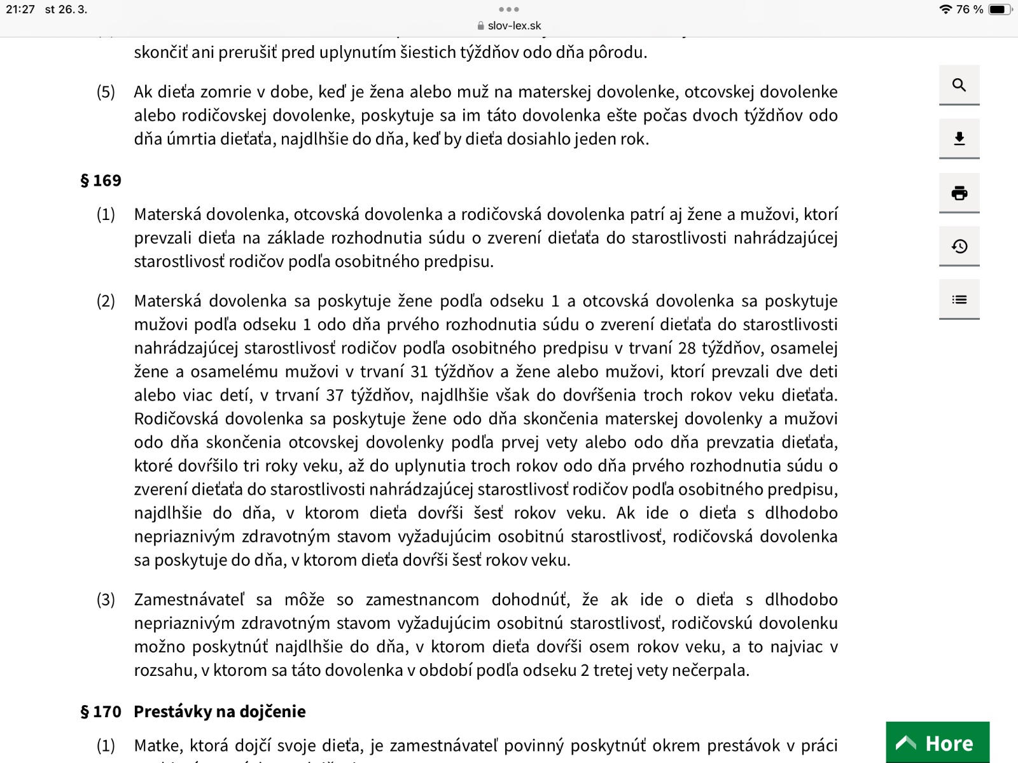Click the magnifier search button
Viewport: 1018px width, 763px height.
click(959, 85)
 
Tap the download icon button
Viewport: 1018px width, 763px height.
click(959, 139)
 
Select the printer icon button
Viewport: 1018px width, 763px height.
click(959, 193)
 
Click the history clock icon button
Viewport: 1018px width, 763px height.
click(959, 246)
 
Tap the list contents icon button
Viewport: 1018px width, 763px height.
click(959, 299)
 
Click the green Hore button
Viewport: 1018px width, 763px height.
click(937, 743)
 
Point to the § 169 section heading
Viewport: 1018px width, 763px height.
click(101, 181)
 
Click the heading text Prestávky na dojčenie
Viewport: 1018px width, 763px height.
click(220, 711)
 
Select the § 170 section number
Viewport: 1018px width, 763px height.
click(101, 711)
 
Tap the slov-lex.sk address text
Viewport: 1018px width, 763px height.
click(514, 26)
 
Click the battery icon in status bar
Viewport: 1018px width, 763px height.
click(999, 10)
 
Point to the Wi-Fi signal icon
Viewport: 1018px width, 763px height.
click(945, 10)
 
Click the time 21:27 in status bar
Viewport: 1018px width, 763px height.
click(20, 10)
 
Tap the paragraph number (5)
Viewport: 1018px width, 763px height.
click(106, 92)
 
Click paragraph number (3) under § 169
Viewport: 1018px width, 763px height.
click(106, 600)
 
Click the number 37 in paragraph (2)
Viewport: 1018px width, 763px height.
click(335, 395)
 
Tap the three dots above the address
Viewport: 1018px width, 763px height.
click(509, 10)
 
